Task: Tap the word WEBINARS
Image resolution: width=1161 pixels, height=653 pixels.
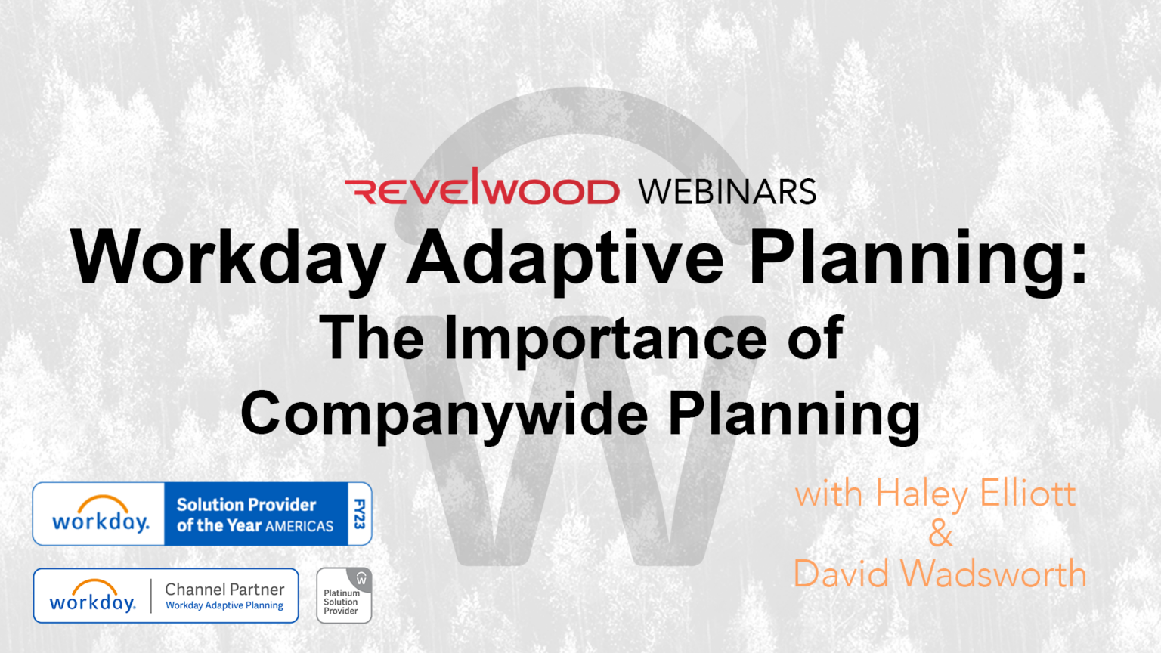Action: [727, 192]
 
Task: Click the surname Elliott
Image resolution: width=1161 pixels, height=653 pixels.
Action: [1028, 494]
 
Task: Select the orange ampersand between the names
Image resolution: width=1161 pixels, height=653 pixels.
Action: [940, 534]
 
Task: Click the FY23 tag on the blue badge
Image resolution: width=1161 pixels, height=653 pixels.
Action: [360, 514]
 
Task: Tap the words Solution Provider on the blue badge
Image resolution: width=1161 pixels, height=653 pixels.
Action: [246, 504]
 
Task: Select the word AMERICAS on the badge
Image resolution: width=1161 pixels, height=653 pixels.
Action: [299, 526]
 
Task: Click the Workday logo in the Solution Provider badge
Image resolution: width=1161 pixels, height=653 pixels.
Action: [101, 514]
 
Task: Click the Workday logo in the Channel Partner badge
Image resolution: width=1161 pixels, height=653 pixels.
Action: [92, 596]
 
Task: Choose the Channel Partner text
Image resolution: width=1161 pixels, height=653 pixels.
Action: [224, 589]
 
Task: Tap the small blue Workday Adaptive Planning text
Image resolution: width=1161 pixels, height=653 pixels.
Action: [224, 605]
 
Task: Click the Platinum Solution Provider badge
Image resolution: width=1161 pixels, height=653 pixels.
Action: [344, 596]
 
